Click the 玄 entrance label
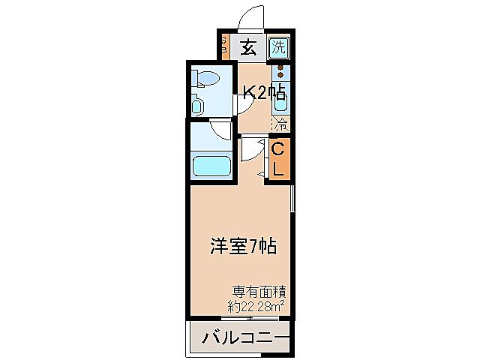coord(248,49)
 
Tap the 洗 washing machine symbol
coord(279,49)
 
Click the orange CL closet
coord(277,159)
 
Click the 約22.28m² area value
coord(255,305)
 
